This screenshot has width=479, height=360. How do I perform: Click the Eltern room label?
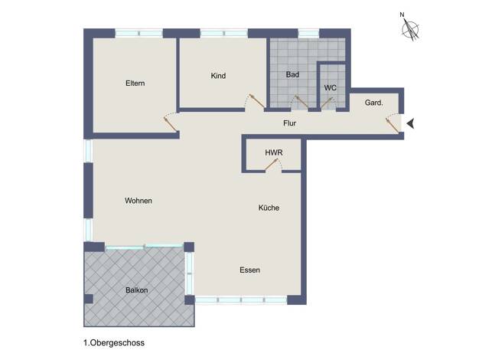(135, 83)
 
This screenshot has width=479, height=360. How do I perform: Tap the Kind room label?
(218, 76)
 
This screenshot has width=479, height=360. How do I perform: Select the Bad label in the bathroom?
(292, 74)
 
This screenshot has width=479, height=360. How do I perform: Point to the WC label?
(331, 88)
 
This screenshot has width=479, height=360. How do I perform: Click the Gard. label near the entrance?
(373, 103)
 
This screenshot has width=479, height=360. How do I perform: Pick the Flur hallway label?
(289, 123)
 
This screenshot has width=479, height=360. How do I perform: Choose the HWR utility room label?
(274, 152)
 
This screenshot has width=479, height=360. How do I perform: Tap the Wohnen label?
(138, 201)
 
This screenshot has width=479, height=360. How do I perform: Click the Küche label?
(269, 208)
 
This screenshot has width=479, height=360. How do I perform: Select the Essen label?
(250, 270)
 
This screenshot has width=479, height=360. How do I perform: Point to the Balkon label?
(136, 290)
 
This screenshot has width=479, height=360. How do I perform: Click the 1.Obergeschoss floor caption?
(114, 343)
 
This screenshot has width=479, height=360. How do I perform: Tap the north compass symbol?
(409, 27)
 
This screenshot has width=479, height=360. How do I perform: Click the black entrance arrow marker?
(411, 123)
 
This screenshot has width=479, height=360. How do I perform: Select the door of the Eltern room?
(170, 123)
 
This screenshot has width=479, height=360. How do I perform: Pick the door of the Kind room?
(256, 101)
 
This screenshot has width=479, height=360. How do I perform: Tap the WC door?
(327, 103)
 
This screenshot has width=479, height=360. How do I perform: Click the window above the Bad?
(308, 33)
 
